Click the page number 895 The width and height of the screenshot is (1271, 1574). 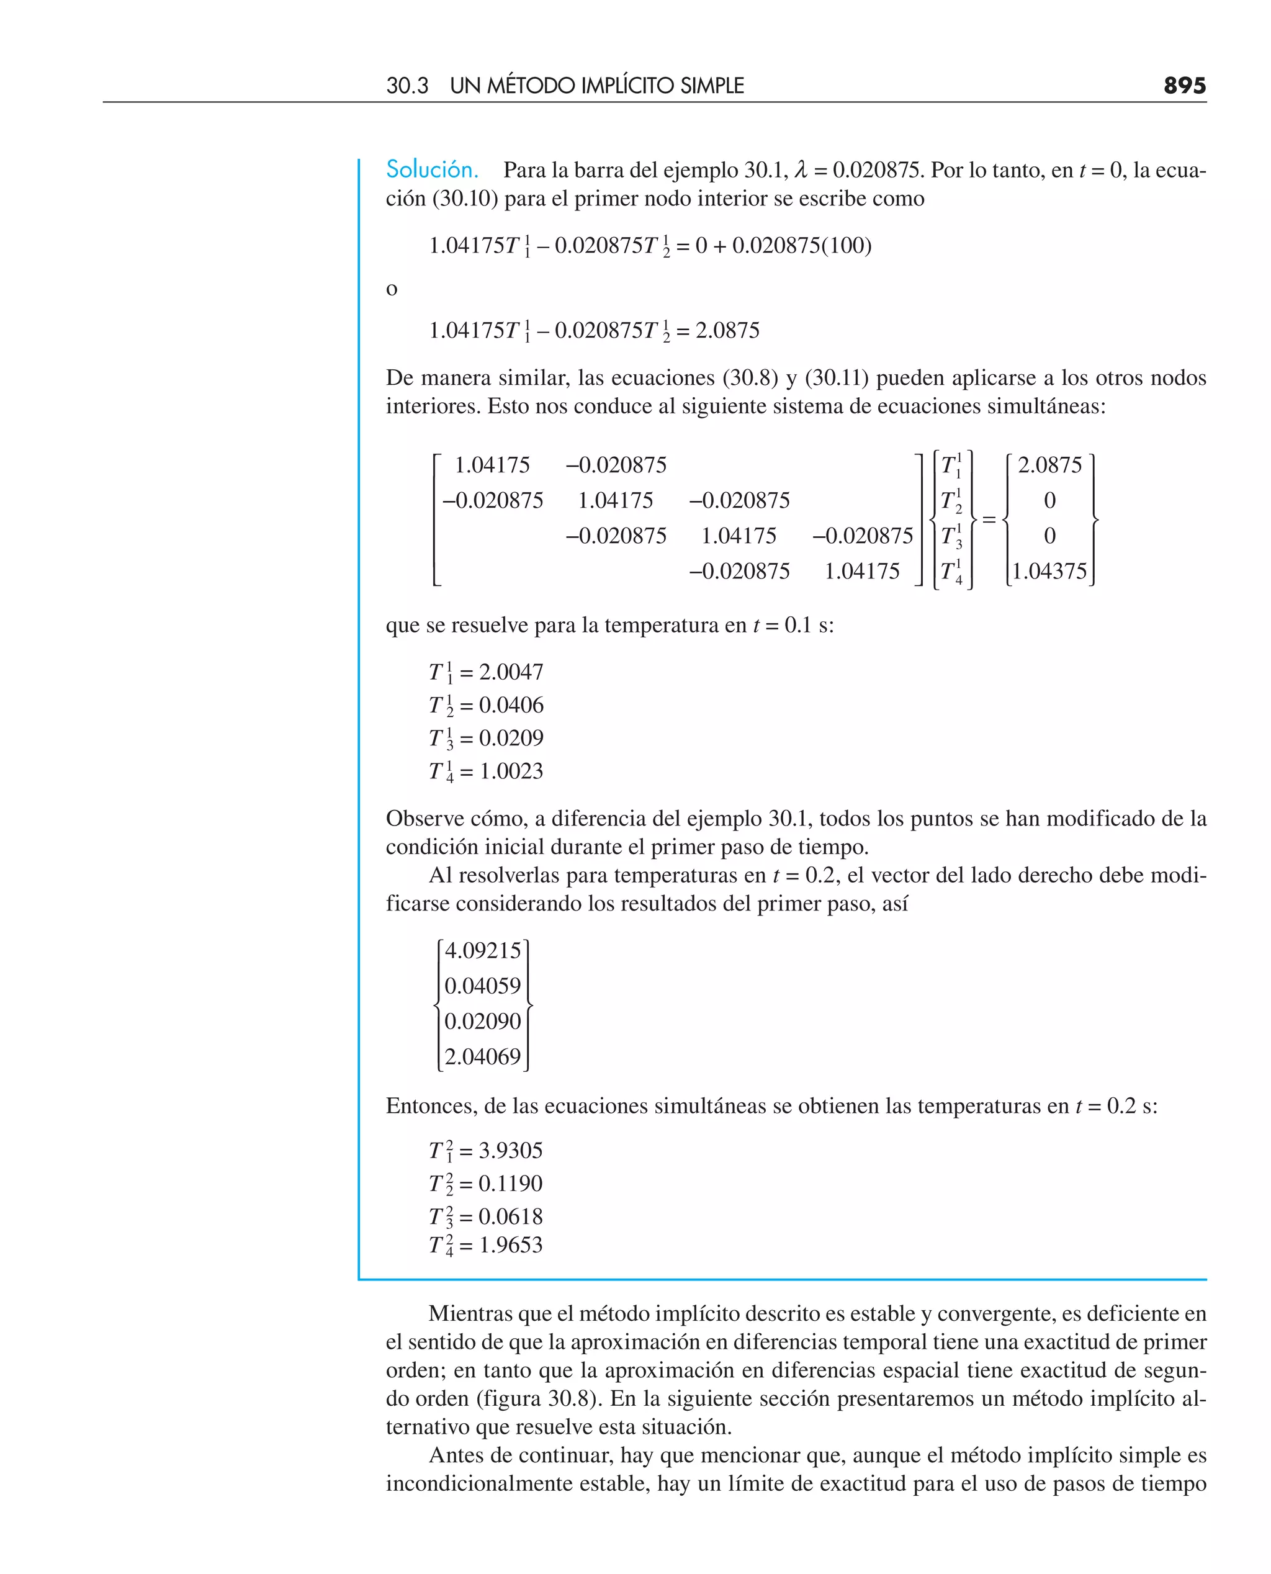point(1184,86)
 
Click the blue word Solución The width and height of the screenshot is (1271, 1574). point(432,170)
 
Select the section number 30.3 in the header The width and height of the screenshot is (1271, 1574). point(407,86)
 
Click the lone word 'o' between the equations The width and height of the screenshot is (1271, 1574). point(392,289)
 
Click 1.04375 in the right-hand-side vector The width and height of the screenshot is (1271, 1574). point(1049,571)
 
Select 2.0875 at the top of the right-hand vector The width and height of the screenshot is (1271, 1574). point(1049,465)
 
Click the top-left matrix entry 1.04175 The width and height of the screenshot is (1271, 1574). point(492,465)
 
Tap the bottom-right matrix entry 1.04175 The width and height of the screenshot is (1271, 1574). point(862,571)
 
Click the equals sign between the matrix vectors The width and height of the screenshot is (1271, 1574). point(989,519)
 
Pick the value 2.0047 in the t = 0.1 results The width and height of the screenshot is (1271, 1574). point(511,672)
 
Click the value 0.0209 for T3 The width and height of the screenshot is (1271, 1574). point(511,738)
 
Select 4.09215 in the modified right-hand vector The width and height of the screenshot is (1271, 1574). point(482,950)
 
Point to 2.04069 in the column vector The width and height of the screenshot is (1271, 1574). point(482,1056)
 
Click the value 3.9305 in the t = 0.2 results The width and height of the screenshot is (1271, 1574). point(510,1150)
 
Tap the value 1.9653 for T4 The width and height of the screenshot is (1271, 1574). point(510,1244)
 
